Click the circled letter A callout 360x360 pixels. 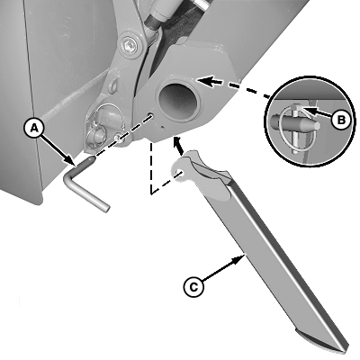point(34,129)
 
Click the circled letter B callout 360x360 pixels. point(341,120)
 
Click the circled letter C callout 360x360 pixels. point(193,287)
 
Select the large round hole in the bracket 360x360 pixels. point(178,102)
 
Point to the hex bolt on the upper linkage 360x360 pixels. point(130,46)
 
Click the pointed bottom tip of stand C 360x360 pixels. point(342,350)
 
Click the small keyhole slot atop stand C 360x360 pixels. point(179,173)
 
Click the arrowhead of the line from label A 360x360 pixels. point(70,160)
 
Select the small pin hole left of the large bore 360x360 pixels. point(150,114)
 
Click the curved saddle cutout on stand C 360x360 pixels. point(210,169)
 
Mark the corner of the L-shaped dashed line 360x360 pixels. point(151,193)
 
